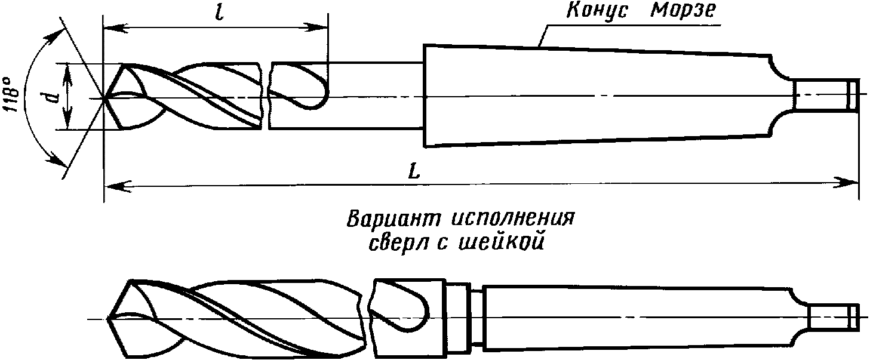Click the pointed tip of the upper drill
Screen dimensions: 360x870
point(105,97)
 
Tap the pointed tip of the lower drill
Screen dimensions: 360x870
point(109,319)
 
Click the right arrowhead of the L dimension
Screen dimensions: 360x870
point(851,181)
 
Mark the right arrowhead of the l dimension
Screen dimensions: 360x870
point(321,27)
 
